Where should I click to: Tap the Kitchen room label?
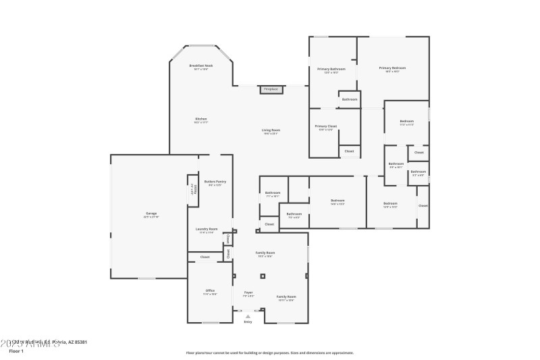pyautogui.click(x=201, y=119)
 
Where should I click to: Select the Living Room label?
pyautogui.click(x=271, y=130)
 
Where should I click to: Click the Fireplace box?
pyautogui.click(x=271, y=89)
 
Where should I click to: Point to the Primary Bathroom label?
pyautogui.click(x=331, y=69)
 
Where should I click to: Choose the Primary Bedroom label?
pyautogui.click(x=392, y=68)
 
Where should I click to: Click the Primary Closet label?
pyautogui.click(x=325, y=126)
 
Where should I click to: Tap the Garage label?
pyautogui.click(x=151, y=214)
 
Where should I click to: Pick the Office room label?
pyautogui.click(x=210, y=290)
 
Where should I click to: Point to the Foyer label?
pyautogui.click(x=248, y=292)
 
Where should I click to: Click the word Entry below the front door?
pyautogui.click(x=248, y=322)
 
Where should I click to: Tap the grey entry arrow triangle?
pyautogui.click(x=248, y=315)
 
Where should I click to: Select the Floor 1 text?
pyautogui.click(x=16, y=351)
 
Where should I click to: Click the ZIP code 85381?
pyautogui.click(x=79, y=342)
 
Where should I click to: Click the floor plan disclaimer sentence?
pyautogui.click(x=269, y=353)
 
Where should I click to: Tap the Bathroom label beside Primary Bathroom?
pyautogui.click(x=349, y=99)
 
